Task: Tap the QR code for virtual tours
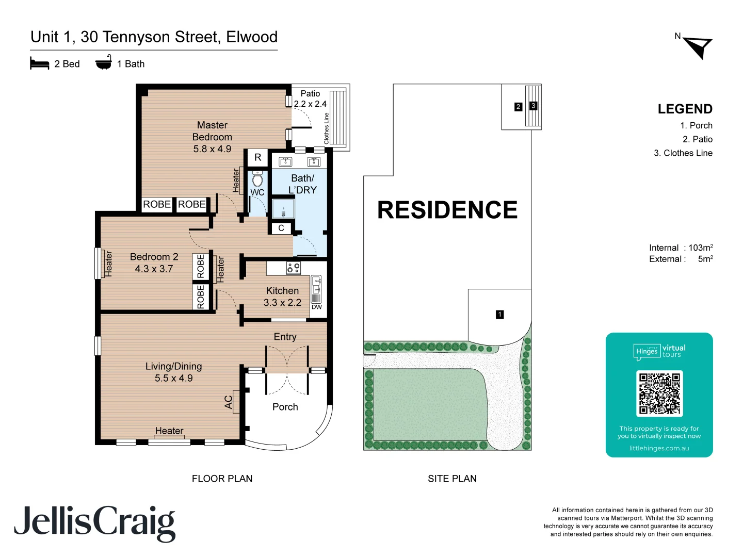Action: click(x=659, y=394)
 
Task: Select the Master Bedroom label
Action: click(x=212, y=131)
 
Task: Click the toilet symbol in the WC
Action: click(x=257, y=179)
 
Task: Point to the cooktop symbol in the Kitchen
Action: click(x=294, y=268)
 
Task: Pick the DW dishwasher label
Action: click(x=316, y=307)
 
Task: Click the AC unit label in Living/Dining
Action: click(x=229, y=402)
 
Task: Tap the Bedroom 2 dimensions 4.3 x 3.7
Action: click(x=154, y=269)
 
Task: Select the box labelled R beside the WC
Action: click(x=257, y=158)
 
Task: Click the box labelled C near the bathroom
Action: click(x=281, y=228)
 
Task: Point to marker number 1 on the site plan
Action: click(x=499, y=314)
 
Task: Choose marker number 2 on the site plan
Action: click(x=518, y=107)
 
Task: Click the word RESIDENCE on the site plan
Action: click(x=447, y=210)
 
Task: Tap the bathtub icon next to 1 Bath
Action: click(x=103, y=62)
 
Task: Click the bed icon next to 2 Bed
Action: click(x=40, y=63)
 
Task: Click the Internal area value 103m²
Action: click(x=701, y=248)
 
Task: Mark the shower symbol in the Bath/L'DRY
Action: click(x=283, y=209)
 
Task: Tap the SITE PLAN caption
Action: click(x=452, y=479)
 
